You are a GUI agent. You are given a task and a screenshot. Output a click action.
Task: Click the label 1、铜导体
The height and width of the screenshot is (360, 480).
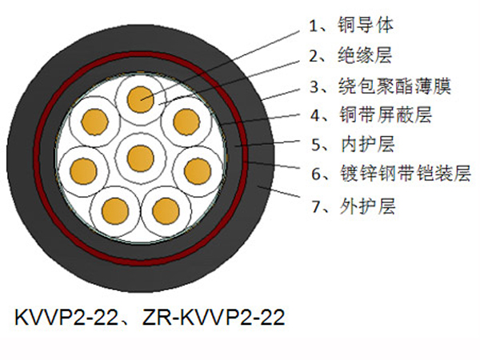click(x=351, y=25)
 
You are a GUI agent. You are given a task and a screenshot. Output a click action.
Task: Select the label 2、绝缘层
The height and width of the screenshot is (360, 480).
click(x=350, y=55)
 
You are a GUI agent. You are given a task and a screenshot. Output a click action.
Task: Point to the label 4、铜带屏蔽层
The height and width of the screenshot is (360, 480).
click(x=371, y=114)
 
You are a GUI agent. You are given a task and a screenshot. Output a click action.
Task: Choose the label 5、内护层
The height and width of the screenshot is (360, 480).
click(x=353, y=144)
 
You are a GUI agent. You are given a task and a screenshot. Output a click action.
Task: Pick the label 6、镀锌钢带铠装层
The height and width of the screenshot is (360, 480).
click(x=391, y=174)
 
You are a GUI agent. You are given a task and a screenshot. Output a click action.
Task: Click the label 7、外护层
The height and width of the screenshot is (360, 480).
click(x=354, y=206)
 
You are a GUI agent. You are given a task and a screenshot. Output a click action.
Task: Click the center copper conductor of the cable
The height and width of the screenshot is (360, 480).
click(x=141, y=158)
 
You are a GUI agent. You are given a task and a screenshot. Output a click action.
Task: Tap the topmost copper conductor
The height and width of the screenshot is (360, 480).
click(x=141, y=99)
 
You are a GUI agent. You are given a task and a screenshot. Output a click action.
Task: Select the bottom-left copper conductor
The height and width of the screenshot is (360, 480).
click(x=115, y=211)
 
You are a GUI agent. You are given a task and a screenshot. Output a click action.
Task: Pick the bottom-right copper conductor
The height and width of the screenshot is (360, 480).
click(x=166, y=211)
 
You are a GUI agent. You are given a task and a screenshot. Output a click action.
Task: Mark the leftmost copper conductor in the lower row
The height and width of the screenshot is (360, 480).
click(x=83, y=171)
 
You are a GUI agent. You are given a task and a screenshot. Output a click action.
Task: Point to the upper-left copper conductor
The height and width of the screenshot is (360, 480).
click(x=94, y=122)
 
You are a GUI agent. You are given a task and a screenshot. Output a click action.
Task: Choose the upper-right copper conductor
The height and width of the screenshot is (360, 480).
click(x=186, y=122)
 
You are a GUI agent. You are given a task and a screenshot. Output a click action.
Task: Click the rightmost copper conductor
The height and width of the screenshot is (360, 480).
click(x=198, y=171)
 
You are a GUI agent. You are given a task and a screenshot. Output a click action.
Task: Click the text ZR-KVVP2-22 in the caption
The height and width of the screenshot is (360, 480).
click(x=214, y=317)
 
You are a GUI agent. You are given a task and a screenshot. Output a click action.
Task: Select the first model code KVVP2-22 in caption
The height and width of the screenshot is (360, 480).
click(x=66, y=317)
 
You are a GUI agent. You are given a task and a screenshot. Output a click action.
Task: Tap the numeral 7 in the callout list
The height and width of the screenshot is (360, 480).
click(x=316, y=206)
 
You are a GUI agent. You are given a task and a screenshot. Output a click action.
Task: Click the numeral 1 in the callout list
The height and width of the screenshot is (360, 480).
click(x=313, y=26)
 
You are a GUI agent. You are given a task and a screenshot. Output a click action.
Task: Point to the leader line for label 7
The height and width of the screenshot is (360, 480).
click(x=278, y=191)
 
